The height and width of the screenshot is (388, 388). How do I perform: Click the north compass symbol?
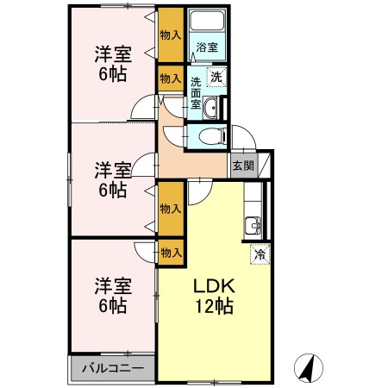(309, 368)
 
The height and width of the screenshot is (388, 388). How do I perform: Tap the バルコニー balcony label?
(113, 368)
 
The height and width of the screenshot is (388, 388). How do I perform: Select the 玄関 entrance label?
(243, 166)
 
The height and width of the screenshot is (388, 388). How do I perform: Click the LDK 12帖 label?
(214, 296)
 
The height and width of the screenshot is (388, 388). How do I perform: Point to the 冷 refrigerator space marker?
(260, 254)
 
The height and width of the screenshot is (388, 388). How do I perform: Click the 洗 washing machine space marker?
(216, 77)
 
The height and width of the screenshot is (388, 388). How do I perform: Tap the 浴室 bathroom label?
(207, 47)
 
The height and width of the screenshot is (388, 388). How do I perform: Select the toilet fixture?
(212, 136)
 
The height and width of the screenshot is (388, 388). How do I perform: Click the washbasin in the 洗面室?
(211, 108)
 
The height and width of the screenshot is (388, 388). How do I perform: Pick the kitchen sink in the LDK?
(253, 226)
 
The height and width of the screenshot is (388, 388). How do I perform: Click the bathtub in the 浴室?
(207, 21)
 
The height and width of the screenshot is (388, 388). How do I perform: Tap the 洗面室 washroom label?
(196, 93)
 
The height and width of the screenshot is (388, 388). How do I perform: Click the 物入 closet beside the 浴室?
(171, 34)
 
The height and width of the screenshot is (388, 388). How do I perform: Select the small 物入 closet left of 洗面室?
(171, 78)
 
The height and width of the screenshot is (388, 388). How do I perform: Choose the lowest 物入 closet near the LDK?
(171, 253)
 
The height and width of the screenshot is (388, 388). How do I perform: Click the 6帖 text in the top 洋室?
(113, 74)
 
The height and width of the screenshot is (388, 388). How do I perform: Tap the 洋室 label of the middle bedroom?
(113, 170)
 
